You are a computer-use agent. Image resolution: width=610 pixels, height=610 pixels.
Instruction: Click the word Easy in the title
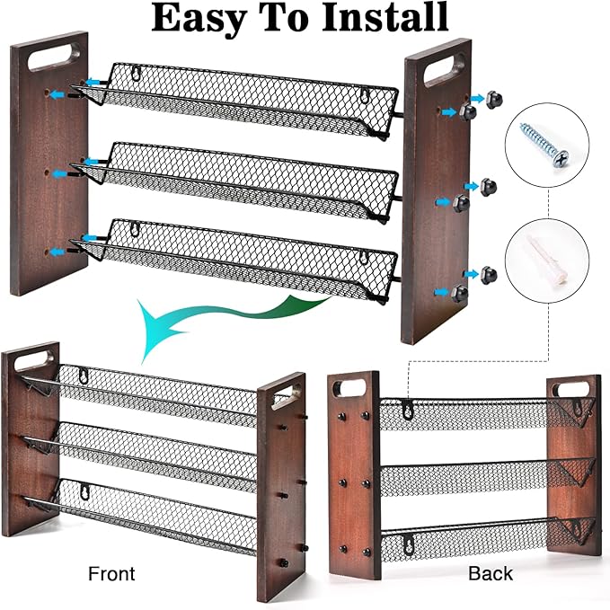199,18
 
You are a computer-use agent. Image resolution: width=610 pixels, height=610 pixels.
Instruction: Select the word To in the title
287,18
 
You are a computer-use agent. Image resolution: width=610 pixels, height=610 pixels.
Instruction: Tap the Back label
490,572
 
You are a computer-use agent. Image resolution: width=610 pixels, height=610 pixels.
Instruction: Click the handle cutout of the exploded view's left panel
51,58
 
